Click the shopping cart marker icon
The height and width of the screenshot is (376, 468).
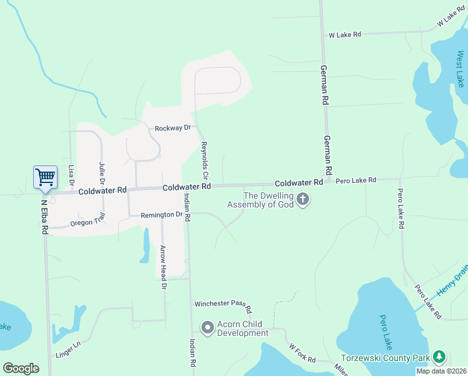(46, 177)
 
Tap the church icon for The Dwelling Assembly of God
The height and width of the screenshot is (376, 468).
(303, 200)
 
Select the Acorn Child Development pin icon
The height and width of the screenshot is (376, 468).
(207, 327)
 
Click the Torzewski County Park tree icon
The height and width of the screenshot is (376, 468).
(439, 357)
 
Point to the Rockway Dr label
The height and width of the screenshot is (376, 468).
(173, 128)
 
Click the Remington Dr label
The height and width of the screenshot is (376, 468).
(166, 214)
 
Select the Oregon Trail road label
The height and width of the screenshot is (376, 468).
(88, 221)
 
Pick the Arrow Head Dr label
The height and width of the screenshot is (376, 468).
(164, 267)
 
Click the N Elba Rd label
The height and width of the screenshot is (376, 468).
(45, 217)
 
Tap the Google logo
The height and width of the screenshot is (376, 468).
(21, 368)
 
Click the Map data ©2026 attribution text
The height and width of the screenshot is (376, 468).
(441, 371)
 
